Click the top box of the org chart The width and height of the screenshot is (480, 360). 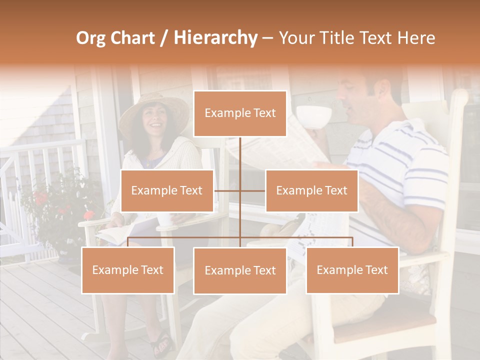pyautogui.click(x=240, y=113)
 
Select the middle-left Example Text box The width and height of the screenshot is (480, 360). pyautogui.click(x=166, y=190)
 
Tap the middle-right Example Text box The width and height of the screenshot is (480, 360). pyautogui.click(x=311, y=190)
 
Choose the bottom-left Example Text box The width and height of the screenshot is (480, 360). pyautogui.click(x=128, y=270)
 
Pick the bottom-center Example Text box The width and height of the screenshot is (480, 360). pyautogui.click(x=240, y=270)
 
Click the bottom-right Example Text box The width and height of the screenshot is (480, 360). pyautogui.click(x=352, y=270)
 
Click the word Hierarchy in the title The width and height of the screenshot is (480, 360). pyautogui.click(x=215, y=37)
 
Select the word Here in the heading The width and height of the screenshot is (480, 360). pyautogui.click(x=416, y=37)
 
